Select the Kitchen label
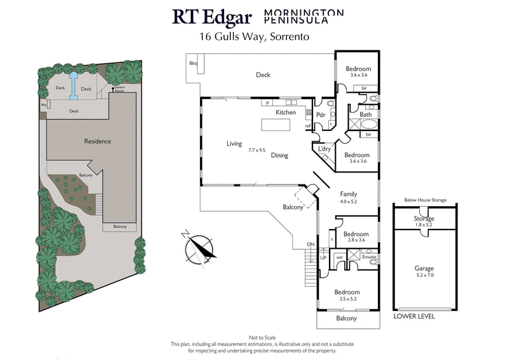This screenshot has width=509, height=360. click(286, 113)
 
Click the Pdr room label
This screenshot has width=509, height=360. click(321, 116)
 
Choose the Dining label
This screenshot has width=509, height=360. click(280, 155)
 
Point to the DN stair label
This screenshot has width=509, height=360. click(310, 244)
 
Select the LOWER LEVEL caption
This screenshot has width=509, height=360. click(415, 315)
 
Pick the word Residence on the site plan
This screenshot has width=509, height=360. click(99, 141)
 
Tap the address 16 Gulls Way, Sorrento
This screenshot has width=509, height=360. click(254, 37)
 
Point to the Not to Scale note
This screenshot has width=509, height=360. click(254, 336)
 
